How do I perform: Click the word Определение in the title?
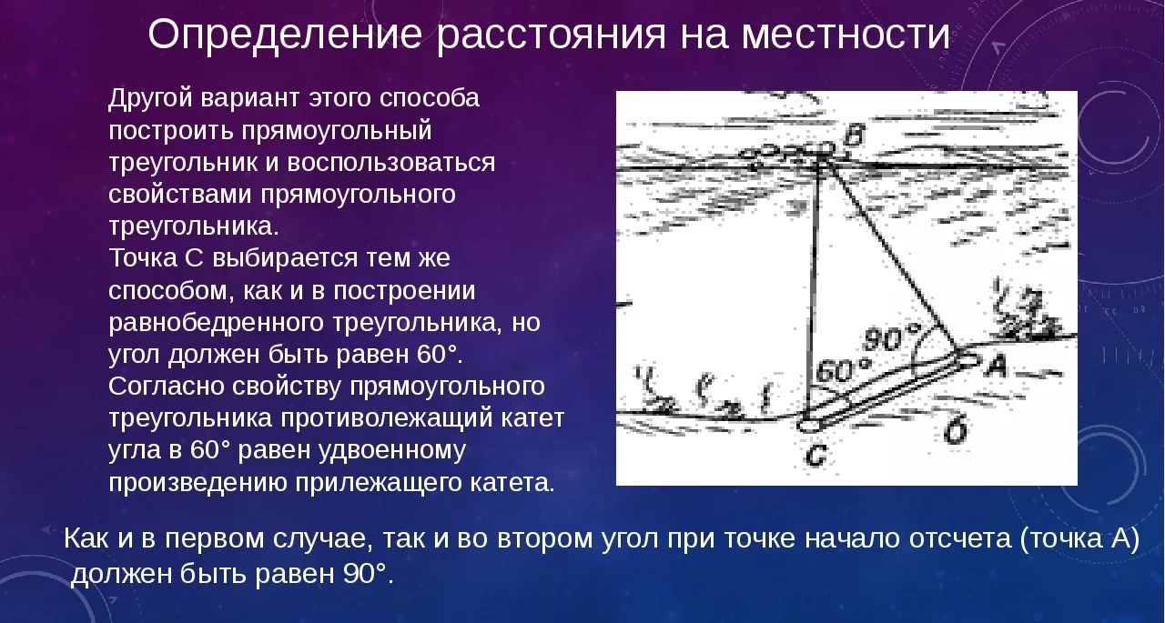tap(285, 35)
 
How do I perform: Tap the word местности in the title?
tap(846, 35)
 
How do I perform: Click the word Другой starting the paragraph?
tap(150, 98)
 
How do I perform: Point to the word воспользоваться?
tap(391, 162)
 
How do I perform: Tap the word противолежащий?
tap(386, 418)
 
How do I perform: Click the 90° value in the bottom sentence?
tap(365, 574)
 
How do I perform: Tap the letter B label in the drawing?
tap(854, 136)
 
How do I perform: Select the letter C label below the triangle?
tap(815, 455)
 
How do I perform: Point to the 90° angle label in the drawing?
tap(891, 338)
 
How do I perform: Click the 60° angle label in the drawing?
tap(843, 370)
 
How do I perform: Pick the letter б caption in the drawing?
tap(956, 429)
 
